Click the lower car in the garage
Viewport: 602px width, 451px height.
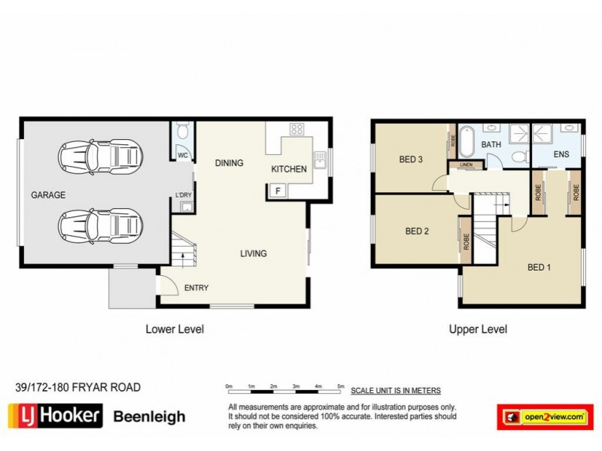tap(100, 224)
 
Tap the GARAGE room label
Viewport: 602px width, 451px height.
tap(48, 195)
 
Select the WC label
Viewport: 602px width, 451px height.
tap(182, 156)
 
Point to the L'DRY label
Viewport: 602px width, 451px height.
tap(183, 196)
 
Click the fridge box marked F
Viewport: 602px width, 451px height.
tap(278, 190)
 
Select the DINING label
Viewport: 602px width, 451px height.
tap(229, 162)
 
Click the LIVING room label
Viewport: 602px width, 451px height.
tap(254, 253)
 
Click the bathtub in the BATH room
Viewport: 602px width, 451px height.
tap(467, 143)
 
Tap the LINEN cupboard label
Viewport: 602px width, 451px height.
tap(466, 165)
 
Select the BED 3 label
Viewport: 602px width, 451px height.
tap(411, 159)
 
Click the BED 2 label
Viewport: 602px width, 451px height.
tap(416, 231)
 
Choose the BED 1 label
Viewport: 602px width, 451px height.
tap(540, 267)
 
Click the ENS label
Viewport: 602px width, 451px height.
tap(561, 155)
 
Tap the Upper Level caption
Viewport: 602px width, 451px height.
tap(478, 329)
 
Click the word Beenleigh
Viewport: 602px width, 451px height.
tap(149, 416)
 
